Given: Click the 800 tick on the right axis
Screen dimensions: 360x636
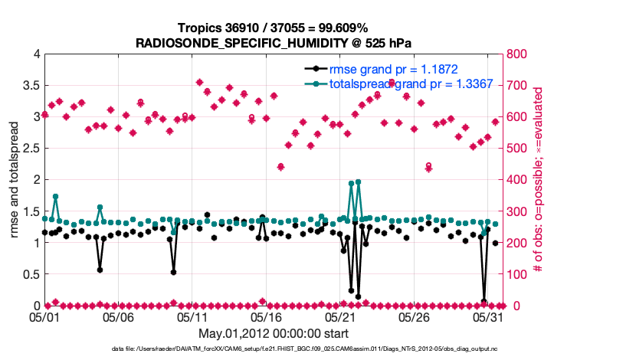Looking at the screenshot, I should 516,54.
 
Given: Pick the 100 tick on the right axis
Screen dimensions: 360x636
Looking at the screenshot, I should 516,274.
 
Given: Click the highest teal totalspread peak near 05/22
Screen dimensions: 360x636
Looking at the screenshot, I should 358,182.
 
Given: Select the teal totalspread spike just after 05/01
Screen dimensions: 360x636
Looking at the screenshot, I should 56,197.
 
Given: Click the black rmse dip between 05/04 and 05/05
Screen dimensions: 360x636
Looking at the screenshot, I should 100,270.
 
